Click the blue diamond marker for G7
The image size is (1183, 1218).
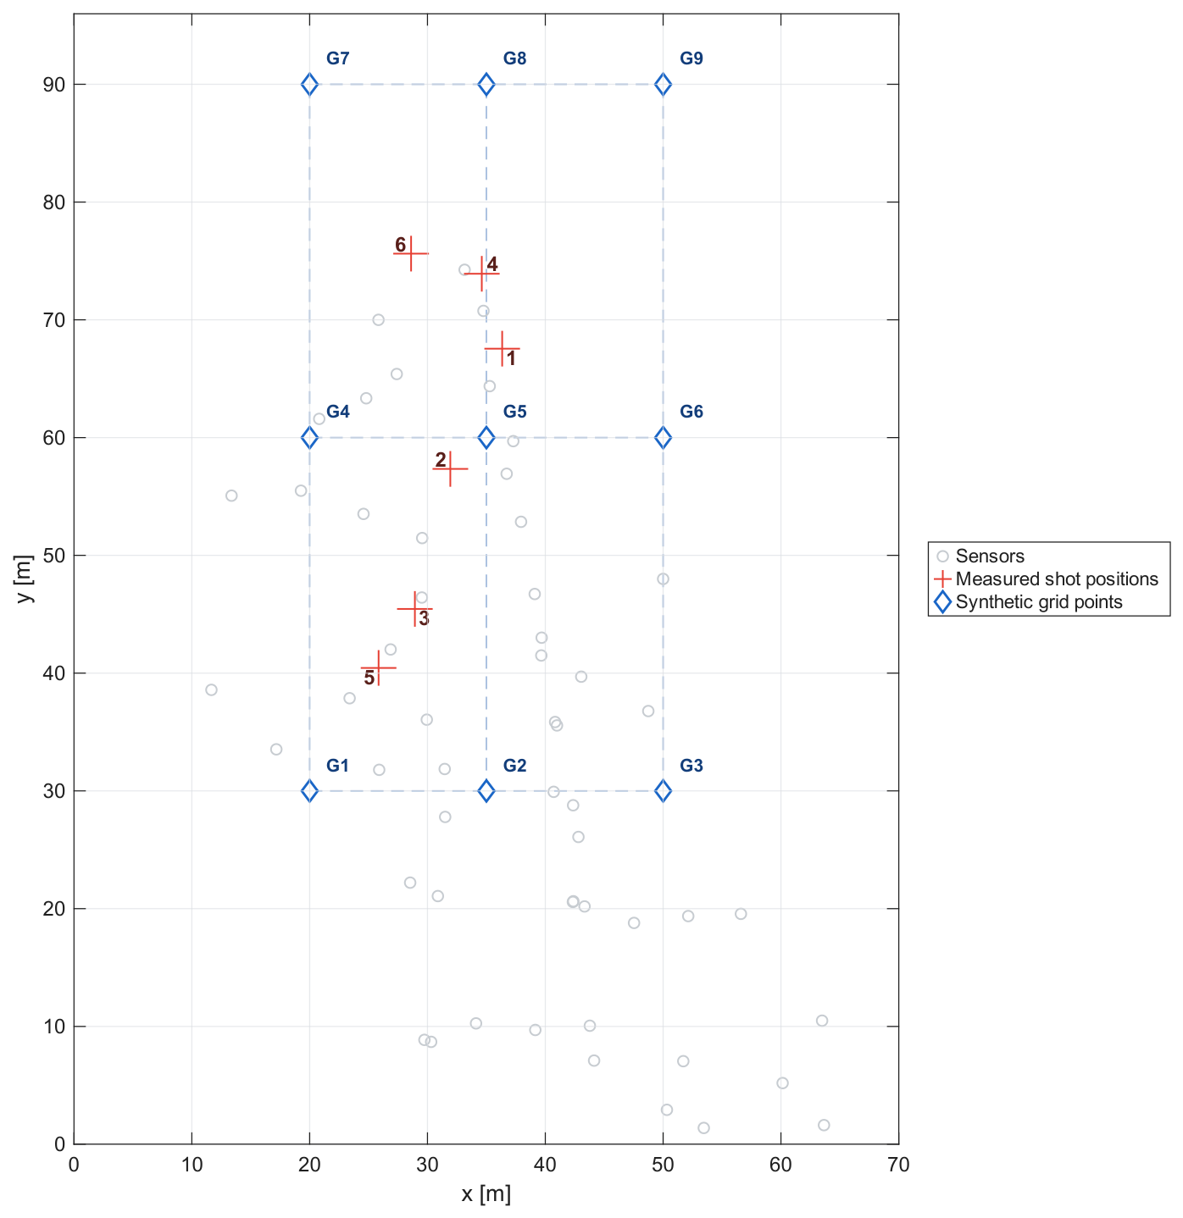pyautogui.click(x=309, y=84)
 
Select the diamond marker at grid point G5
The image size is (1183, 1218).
pyautogui.click(x=486, y=438)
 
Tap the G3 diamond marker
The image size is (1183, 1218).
pyautogui.click(x=664, y=791)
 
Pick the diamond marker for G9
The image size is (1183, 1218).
pyautogui.click(x=664, y=84)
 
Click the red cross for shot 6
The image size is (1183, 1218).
pyautogui.click(x=411, y=253)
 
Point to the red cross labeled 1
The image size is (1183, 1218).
pyautogui.click(x=503, y=349)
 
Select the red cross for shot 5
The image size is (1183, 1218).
pyautogui.click(x=378, y=667)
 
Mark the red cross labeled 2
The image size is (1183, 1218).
pyautogui.click(x=450, y=468)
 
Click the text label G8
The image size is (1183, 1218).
pyautogui.click(x=514, y=58)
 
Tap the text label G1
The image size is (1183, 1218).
pyautogui.click(x=337, y=766)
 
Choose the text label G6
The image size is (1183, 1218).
pyautogui.click(x=691, y=411)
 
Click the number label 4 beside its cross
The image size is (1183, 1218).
pyautogui.click(x=492, y=264)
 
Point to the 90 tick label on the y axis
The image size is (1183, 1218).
pyautogui.click(x=54, y=85)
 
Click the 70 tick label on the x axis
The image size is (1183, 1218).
pyautogui.click(x=898, y=1165)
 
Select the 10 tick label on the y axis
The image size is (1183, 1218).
pyautogui.click(x=54, y=1027)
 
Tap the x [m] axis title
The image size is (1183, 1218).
pyautogui.click(x=486, y=1194)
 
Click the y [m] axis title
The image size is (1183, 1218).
pyautogui.click(x=24, y=579)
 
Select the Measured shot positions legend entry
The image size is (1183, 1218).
pyautogui.click(x=1046, y=579)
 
